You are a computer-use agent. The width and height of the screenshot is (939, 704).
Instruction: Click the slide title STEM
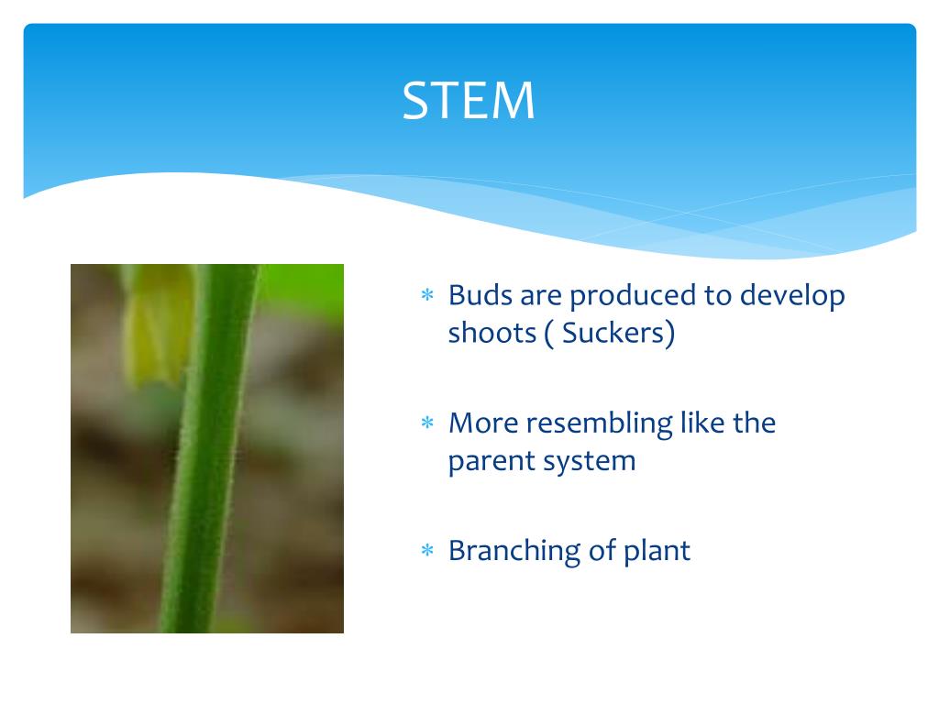469,101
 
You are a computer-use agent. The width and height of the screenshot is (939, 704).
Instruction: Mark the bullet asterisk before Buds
426,297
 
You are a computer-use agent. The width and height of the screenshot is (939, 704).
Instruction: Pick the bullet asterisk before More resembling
426,424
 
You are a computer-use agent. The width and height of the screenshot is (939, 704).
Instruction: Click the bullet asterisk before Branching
426,552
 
